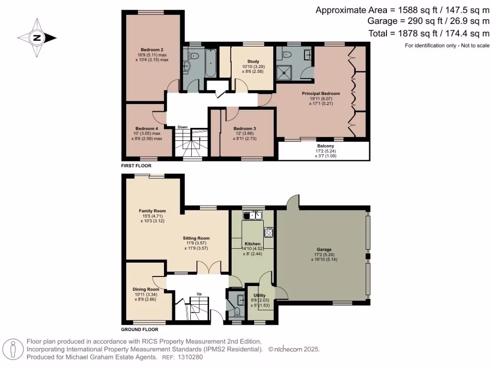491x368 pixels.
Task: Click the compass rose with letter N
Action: click(x=37, y=38)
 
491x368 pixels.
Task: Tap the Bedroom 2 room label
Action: click(x=152, y=50)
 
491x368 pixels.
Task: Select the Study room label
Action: click(x=253, y=61)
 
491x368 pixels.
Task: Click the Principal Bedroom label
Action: click(x=321, y=93)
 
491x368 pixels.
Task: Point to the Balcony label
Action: click(x=326, y=146)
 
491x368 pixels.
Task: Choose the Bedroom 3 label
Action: click(x=245, y=128)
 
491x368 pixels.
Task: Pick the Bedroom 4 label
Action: click(x=147, y=128)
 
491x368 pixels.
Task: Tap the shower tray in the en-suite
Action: click(x=288, y=72)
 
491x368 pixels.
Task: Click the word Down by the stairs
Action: click(x=182, y=127)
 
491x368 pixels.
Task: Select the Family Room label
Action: click(x=152, y=211)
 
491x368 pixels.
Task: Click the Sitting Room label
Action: click(x=196, y=238)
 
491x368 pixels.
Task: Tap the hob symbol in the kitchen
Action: click(x=269, y=232)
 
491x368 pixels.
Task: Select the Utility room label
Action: click(x=259, y=296)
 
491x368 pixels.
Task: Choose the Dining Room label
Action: click(x=146, y=289)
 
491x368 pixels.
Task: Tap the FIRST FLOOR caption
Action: click(x=136, y=166)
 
